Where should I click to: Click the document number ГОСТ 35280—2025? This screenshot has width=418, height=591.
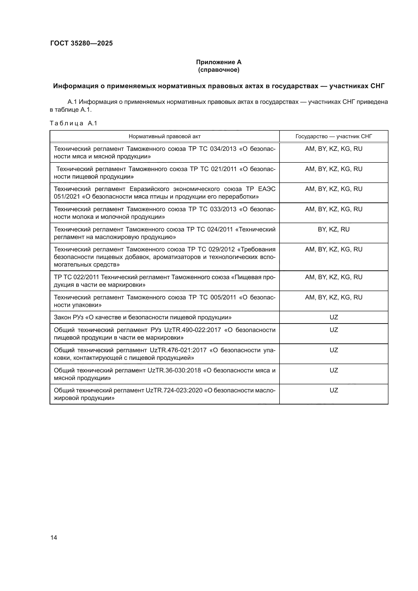[81, 43]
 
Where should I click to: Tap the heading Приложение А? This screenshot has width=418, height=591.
[219, 62]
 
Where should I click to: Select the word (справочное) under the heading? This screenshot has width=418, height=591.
[219, 70]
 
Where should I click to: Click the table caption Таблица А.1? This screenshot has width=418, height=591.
[73, 123]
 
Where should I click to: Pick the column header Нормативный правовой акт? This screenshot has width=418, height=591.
[165, 136]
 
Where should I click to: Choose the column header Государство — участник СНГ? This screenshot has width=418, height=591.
[334, 136]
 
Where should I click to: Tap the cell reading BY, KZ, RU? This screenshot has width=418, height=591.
[334, 229]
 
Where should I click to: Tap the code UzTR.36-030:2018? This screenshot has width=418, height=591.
[174, 370]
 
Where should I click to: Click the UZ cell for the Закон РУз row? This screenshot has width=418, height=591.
[334, 317]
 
